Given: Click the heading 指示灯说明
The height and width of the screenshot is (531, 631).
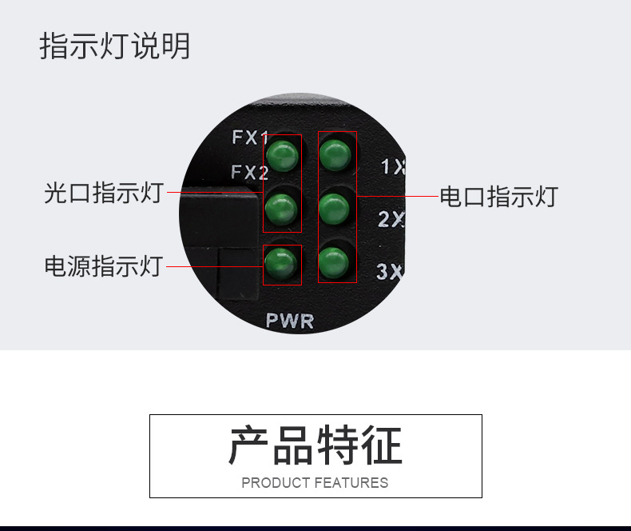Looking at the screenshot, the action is click(115, 46).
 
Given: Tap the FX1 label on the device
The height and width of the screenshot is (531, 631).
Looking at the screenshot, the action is click(250, 137).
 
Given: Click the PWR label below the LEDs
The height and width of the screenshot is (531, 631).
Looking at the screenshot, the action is click(290, 322).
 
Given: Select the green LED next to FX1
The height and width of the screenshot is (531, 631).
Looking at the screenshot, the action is click(282, 156).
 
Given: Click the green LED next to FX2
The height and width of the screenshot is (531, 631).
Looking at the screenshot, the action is click(282, 210).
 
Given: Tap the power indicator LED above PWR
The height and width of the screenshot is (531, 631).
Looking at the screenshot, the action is click(282, 262).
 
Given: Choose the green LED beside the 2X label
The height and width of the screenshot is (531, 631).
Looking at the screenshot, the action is click(335, 208).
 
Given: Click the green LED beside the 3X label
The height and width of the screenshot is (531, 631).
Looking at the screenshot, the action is click(335, 262).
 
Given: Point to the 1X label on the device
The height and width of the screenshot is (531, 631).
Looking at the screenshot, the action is click(392, 168).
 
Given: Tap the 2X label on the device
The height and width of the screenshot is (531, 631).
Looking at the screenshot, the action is click(391, 220).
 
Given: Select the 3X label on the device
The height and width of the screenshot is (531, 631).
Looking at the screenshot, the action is click(390, 272).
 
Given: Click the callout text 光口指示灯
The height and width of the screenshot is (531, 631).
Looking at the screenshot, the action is click(103, 193).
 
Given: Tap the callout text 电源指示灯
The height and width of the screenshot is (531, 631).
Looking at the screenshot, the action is click(103, 265).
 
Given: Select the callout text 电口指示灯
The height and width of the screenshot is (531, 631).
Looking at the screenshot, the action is click(498, 196).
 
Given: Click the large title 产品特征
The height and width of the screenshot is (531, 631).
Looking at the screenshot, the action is click(315, 446).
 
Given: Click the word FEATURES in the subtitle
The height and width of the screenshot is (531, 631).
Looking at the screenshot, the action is click(351, 483).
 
